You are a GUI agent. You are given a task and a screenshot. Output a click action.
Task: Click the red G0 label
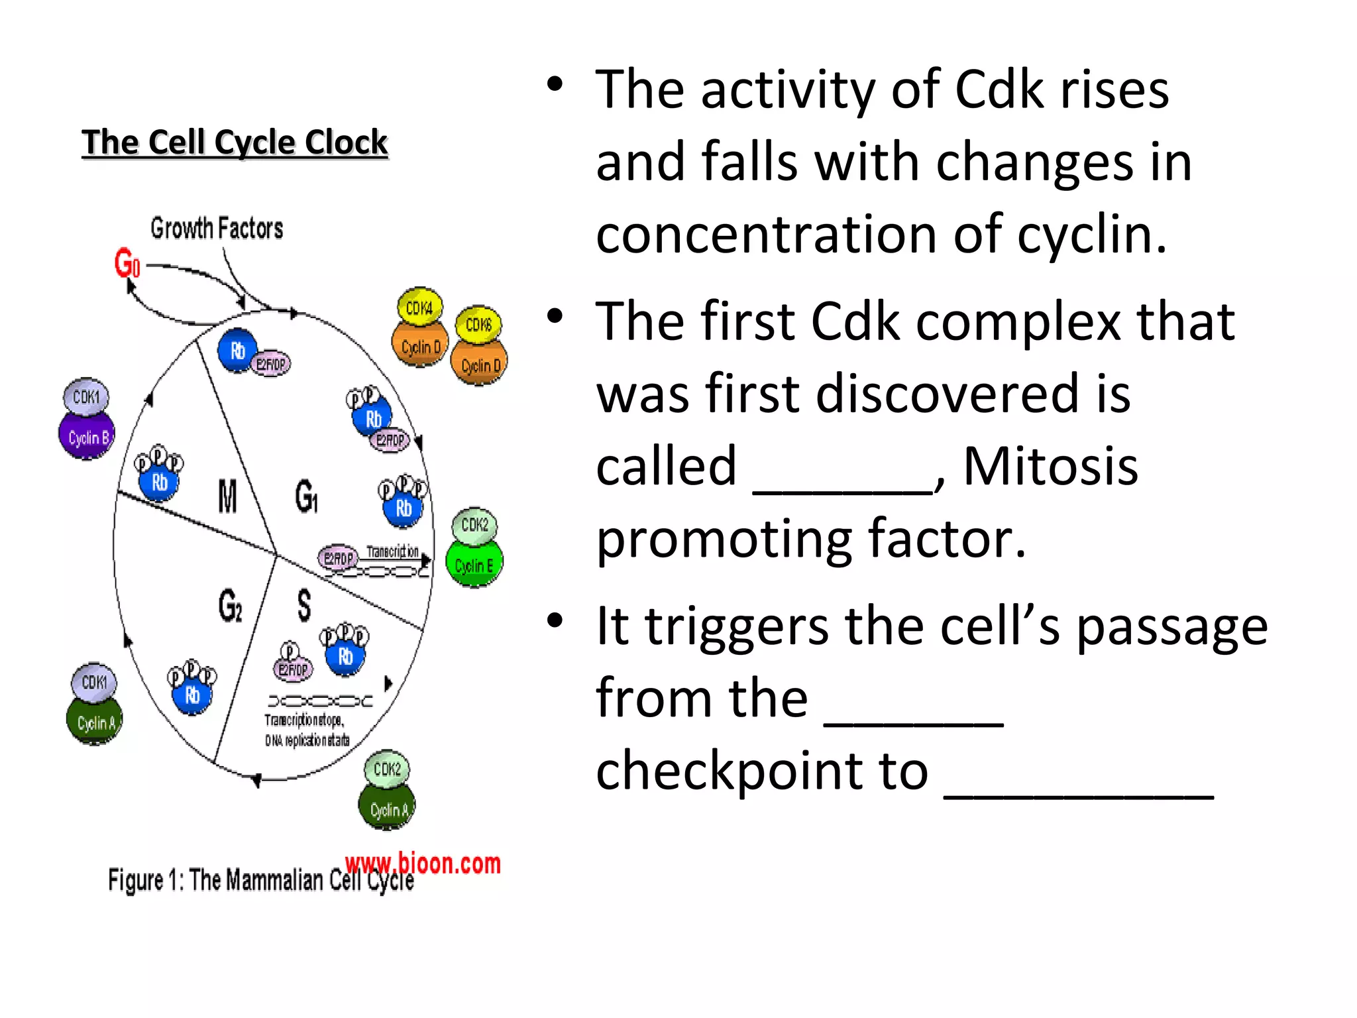(x=127, y=262)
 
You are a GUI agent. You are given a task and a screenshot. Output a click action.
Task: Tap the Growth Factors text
(x=217, y=229)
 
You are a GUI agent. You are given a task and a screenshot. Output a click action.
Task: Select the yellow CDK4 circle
(x=419, y=308)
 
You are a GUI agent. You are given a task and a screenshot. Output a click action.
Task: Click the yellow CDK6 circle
(x=478, y=325)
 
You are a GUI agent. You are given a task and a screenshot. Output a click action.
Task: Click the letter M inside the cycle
(x=227, y=496)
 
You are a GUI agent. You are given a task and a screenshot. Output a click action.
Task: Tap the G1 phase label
(x=306, y=496)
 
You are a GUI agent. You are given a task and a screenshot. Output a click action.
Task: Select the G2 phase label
(x=230, y=605)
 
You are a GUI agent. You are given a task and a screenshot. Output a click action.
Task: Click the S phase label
(x=303, y=605)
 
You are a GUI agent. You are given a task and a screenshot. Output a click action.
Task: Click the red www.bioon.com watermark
(x=422, y=864)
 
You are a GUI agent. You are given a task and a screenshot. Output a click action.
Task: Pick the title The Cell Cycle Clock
(x=235, y=142)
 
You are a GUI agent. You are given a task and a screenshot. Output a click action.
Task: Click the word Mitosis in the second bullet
(x=1050, y=467)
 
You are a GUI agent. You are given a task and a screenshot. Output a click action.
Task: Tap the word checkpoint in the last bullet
(x=762, y=771)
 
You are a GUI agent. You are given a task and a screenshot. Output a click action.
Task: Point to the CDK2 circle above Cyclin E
(x=474, y=526)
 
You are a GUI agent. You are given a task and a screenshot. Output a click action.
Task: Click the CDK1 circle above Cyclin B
(x=86, y=396)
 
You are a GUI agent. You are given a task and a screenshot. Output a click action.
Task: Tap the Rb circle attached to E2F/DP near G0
(x=237, y=351)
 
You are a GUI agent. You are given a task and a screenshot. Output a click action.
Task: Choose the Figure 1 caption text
(x=261, y=881)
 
